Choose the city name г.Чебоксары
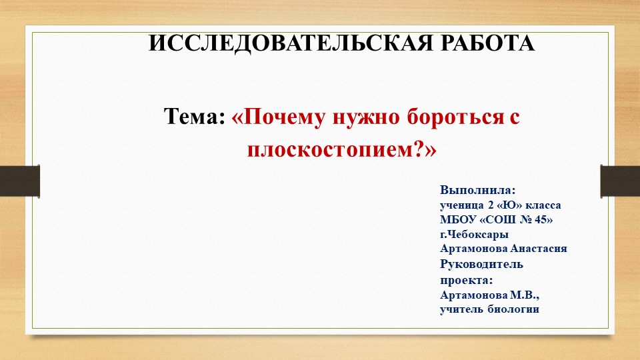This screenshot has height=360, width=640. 474,234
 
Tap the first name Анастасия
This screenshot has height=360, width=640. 539,249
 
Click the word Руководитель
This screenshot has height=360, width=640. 481,264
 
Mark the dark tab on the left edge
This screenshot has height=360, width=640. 19,181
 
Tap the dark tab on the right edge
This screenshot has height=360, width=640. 620,181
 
